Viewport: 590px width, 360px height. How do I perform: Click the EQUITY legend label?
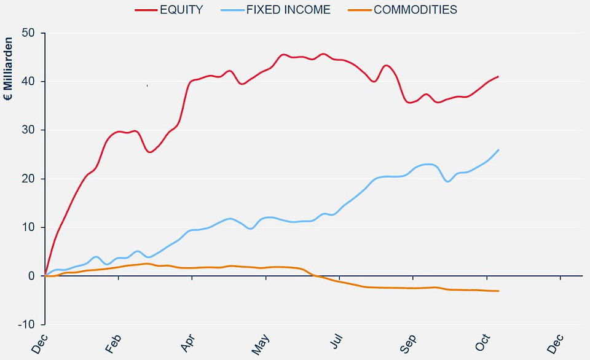[x=182, y=9]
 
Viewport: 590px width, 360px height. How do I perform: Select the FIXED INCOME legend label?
[x=288, y=9]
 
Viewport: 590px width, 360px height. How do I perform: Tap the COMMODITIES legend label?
[x=415, y=9]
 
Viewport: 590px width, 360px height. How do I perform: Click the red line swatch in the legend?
[x=146, y=10]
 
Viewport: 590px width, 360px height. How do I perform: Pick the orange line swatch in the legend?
[x=359, y=10]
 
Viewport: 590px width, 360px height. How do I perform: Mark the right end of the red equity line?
[x=498, y=76]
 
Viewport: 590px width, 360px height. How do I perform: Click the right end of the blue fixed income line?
[x=498, y=150]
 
